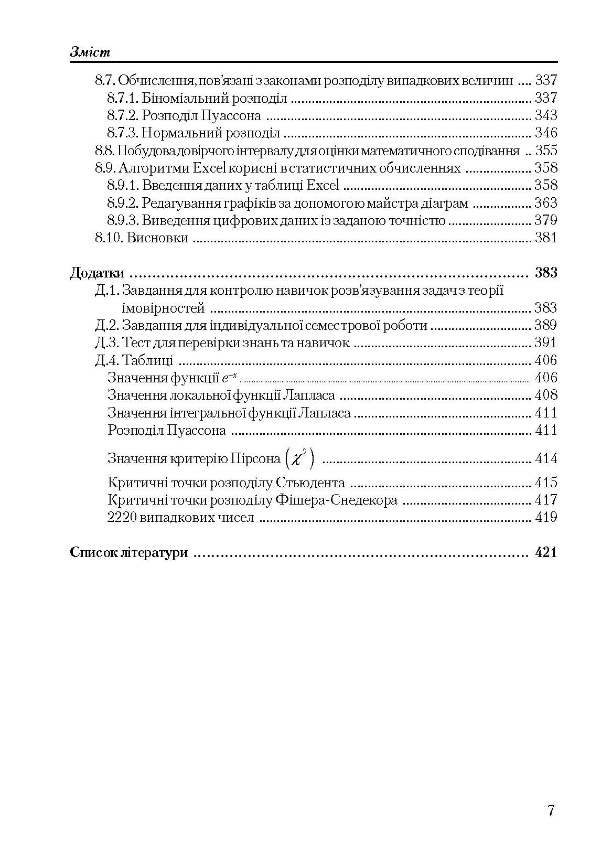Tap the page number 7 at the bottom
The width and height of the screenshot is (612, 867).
coord(551,810)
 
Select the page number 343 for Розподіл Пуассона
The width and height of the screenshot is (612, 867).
coord(545,115)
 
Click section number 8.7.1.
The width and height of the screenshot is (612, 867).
coord(123,98)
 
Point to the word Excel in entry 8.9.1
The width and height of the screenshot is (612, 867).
coord(323,185)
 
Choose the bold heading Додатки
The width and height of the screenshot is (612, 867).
coord(97,273)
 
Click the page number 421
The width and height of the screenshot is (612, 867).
coord(545,552)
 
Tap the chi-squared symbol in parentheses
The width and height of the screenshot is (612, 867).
coord(300,459)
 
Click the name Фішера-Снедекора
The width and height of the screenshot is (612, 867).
coord(336,500)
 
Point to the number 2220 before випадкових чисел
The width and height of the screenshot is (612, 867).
coord(122,518)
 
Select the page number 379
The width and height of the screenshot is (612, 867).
coord(545,220)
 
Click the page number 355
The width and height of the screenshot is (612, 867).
coord(545,151)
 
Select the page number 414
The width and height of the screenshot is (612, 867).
coord(545,459)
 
